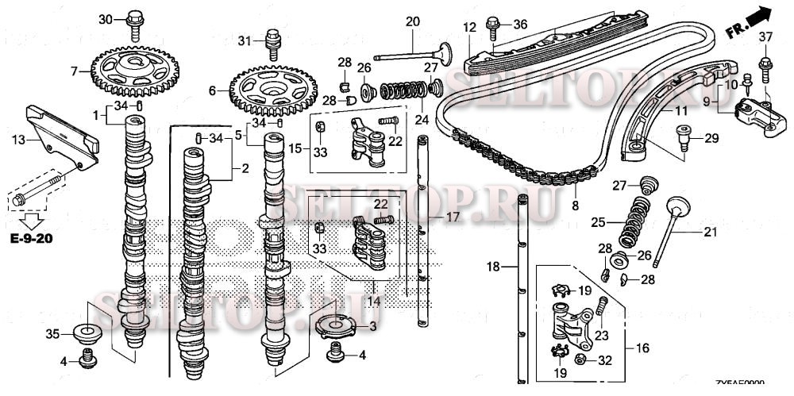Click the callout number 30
106,19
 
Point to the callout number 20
412,21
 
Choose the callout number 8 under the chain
574,206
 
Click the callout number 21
709,233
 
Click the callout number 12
469,27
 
